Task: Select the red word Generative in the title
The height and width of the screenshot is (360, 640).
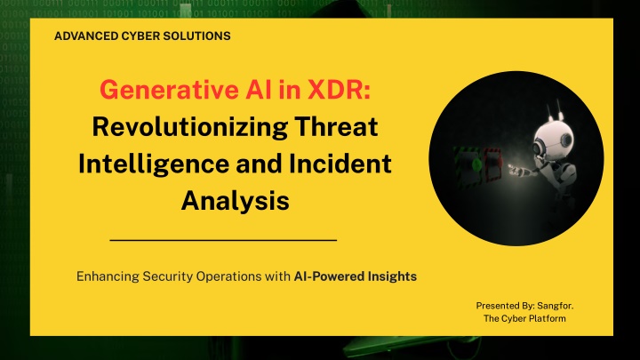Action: [170, 90]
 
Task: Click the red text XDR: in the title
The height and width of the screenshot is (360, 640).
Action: [340, 90]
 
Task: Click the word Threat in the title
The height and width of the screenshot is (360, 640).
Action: [336, 126]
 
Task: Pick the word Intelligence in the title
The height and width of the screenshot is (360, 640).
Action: [154, 164]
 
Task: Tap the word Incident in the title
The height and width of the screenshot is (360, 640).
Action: [340, 164]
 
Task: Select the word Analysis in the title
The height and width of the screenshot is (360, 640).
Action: [236, 201]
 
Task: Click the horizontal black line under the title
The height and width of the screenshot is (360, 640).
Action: [223, 240]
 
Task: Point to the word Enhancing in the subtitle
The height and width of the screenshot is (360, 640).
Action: [108, 276]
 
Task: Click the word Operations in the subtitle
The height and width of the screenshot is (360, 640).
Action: [229, 276]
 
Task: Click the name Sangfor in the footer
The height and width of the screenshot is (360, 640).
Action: [555, 306]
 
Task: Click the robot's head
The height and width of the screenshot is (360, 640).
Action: [555, 138]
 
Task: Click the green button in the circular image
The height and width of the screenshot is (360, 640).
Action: [476, 164]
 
